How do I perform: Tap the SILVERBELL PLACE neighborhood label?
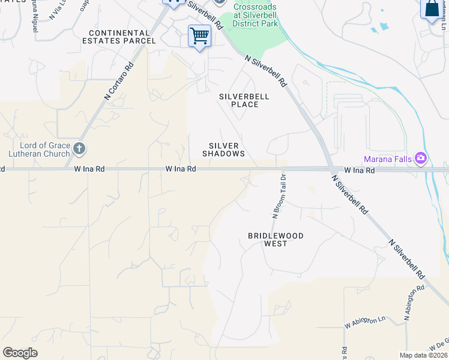[x=244, y=100]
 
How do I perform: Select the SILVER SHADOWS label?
[x=223, y=150]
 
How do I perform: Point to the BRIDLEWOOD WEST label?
[x=276, y=239]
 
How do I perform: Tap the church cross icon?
[x=79, y=148]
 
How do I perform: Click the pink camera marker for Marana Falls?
[x=421, y=158]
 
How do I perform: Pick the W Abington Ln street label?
[x=364, y=322]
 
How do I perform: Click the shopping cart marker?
[x=199, y=36]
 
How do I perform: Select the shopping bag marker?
[x=432, y=10]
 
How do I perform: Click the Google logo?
[x=20, y=353]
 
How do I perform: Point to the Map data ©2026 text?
[x=423, y=355]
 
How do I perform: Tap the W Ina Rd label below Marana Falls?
[x=359, y=170]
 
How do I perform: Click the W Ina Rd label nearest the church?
[x=89, y=170]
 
